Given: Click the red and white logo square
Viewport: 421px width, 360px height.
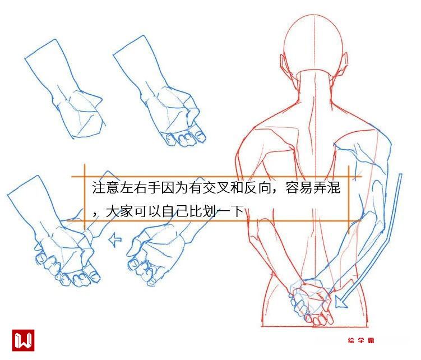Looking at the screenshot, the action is pos(23,340).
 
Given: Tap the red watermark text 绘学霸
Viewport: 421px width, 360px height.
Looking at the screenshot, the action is pos(361,340).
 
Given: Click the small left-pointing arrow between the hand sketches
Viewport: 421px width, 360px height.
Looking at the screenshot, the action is pos(115,239).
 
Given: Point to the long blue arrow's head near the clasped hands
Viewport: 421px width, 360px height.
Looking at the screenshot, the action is pos(340,302).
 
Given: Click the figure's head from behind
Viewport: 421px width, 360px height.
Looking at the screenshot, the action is pos(313,44).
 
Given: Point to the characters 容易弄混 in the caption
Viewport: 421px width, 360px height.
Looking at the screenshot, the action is pos(313,187).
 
